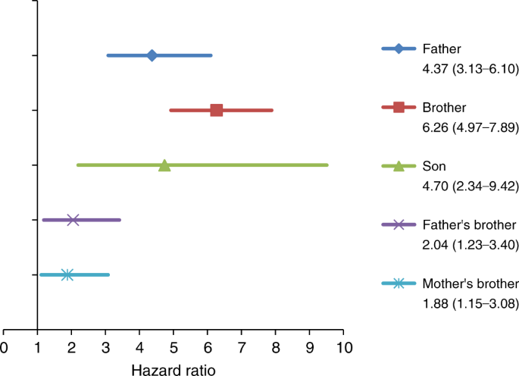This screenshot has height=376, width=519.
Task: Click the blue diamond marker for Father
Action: point(152,55)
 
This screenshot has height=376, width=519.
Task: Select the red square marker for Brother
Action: point(216,110)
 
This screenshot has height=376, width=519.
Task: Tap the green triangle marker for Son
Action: point(164,165)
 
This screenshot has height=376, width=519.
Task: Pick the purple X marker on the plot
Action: point(73,220)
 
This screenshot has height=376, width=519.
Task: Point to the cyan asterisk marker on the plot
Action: point(67,274)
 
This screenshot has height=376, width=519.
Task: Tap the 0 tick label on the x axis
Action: point(4,348)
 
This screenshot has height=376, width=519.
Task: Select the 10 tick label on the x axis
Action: point(343,348)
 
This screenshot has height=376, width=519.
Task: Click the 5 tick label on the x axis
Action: point(174,348)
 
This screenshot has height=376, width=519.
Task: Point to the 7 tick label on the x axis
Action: point(242,348)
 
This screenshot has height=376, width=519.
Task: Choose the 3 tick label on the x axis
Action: point(105,348)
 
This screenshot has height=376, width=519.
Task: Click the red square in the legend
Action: point(399,107)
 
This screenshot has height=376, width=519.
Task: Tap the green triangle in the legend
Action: point(399,166)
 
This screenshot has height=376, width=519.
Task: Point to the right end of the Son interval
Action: point(327,164)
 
